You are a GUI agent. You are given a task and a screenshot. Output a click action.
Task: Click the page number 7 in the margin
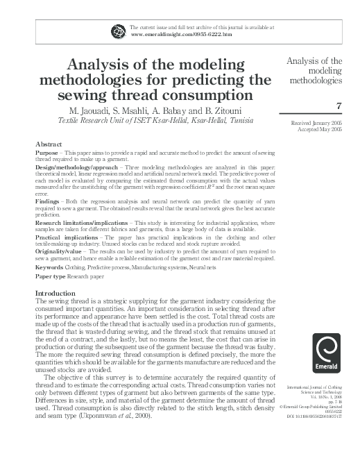(x=338, y=106)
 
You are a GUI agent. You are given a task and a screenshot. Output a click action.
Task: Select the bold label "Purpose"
(x=47, y=152)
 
